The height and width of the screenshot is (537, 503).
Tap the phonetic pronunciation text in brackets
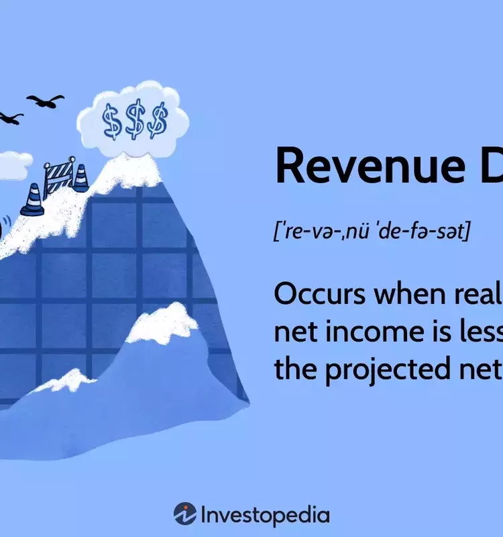coord(372,232)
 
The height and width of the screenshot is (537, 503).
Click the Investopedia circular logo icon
coord(185,514)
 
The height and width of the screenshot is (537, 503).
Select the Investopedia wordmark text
coord(265,515)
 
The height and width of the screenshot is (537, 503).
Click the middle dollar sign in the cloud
coord(135,121)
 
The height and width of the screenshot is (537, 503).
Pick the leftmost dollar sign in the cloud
coord(113,121)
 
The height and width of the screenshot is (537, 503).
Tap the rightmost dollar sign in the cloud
coord(158,121)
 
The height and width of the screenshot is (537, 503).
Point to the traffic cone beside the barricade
coord(80,177)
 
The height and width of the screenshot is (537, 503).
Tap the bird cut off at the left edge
coord(9,118)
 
